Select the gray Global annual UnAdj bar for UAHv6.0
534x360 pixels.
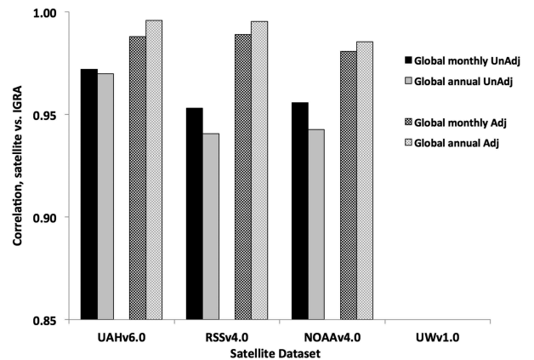tap(105, 197)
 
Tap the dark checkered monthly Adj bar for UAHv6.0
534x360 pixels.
tap(137, 178)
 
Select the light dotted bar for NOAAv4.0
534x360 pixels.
tap(365, 180)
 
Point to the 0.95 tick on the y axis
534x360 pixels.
tap(58, 116)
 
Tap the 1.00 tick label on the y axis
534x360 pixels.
tap(58, 14)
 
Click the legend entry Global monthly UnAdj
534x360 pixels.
tap(467, 60)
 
